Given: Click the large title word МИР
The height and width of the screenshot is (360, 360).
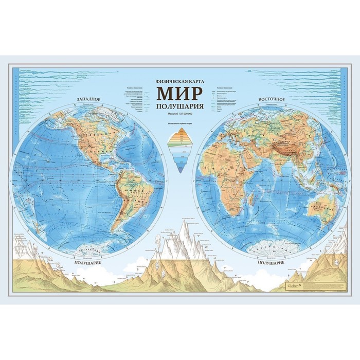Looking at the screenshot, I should [x=180, y=94].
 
